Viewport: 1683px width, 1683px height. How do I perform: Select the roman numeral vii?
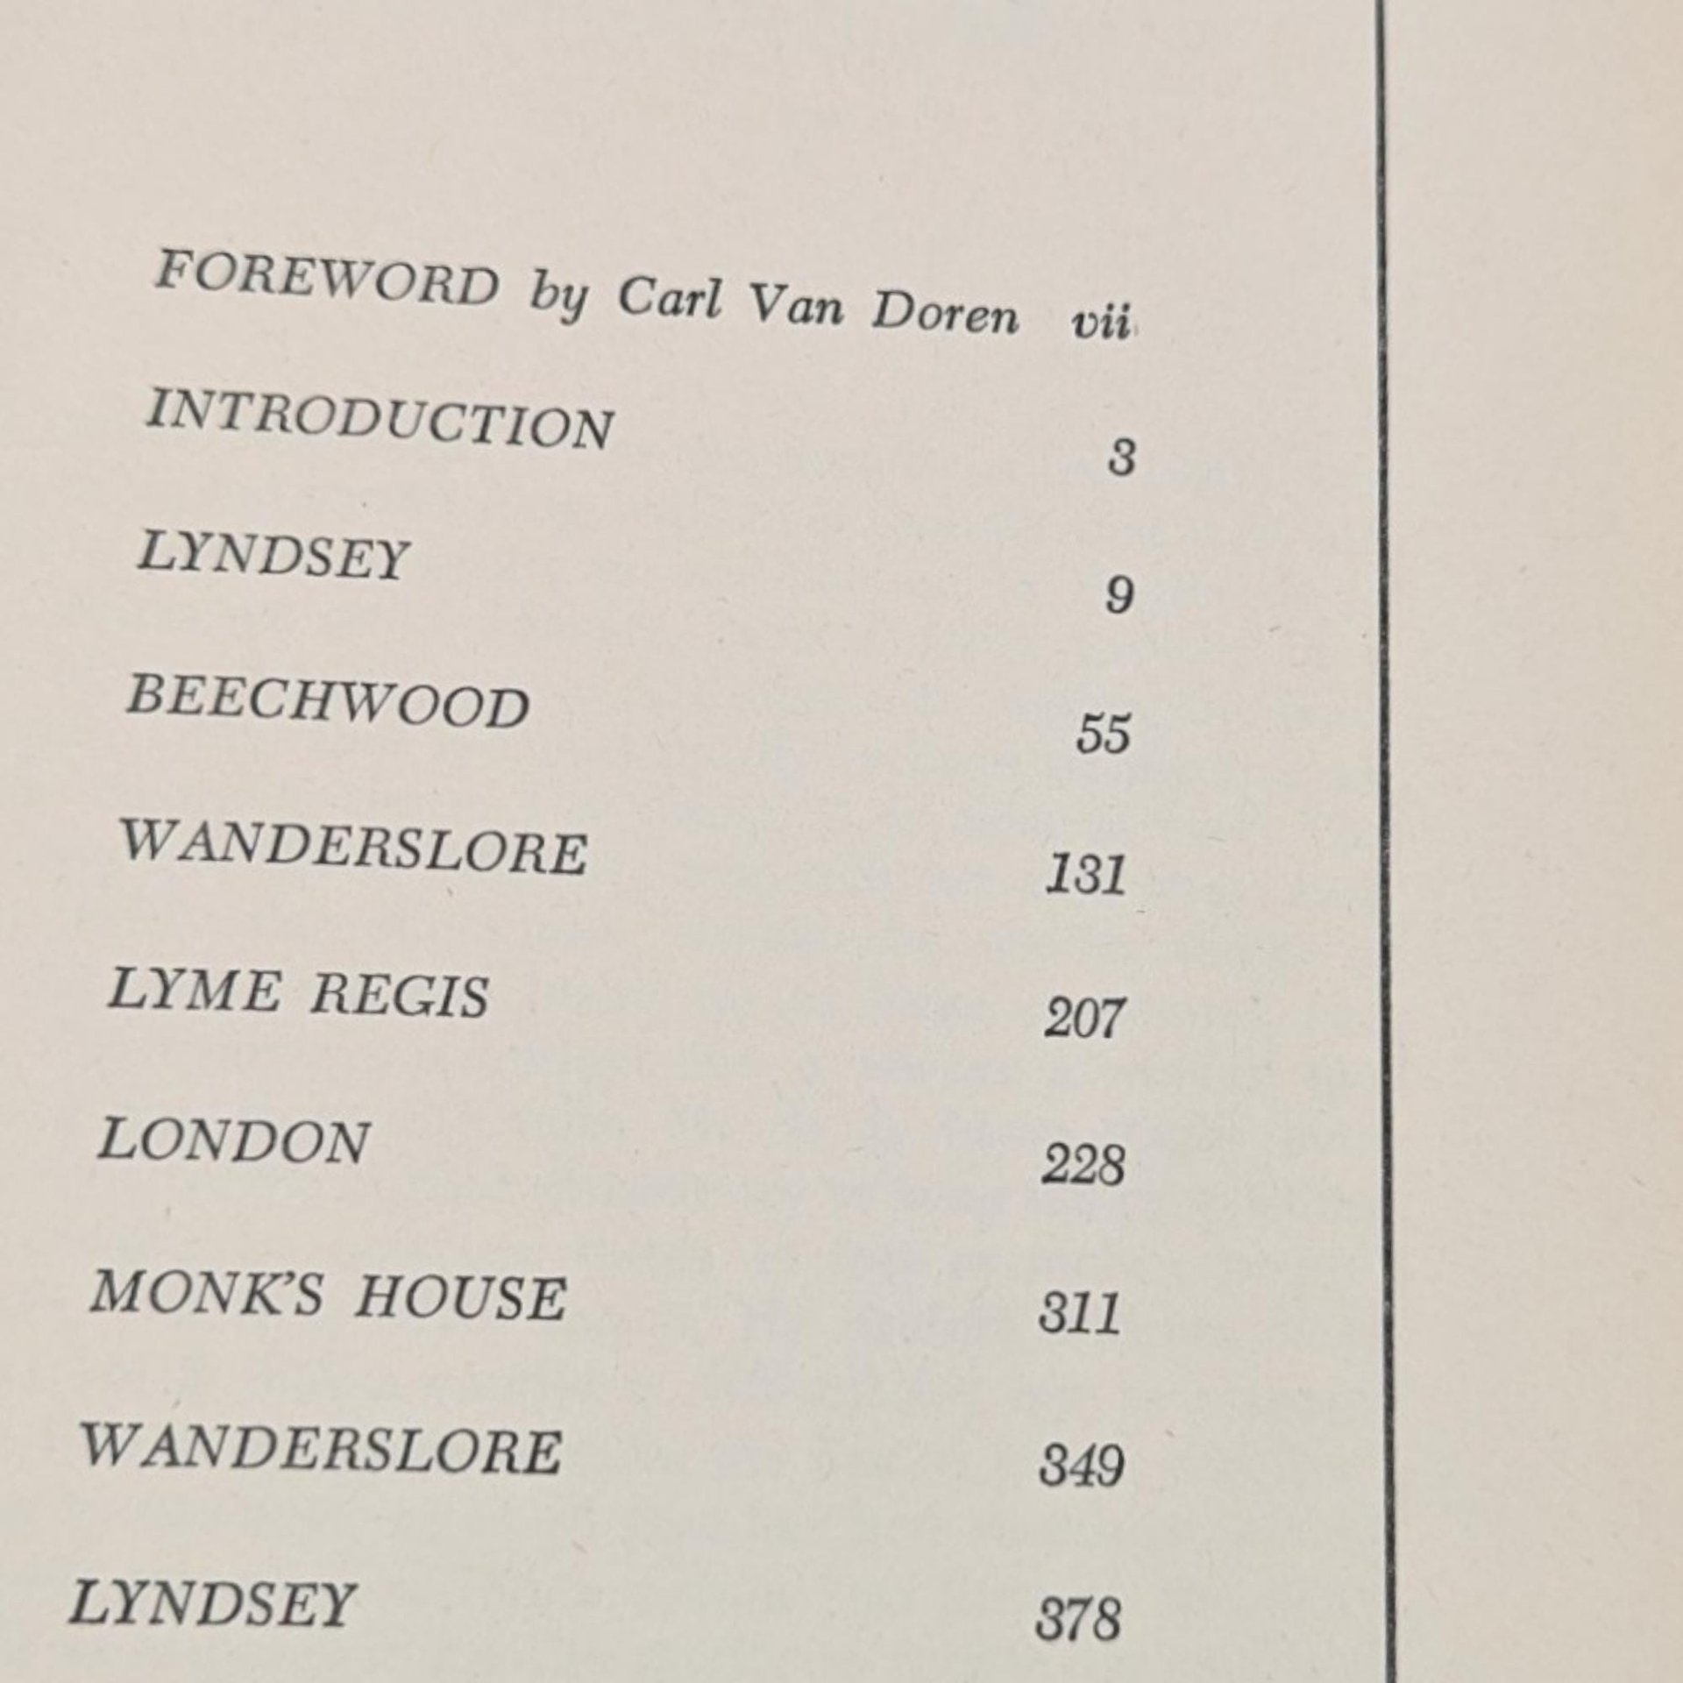(x=1100, y=324)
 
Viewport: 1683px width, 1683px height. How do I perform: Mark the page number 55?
(x=1103, y=733)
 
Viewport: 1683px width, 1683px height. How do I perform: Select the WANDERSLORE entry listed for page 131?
(x=353, y=848)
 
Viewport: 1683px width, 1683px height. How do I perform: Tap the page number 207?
(x=1083, y=1019)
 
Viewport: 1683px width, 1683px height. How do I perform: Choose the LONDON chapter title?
(x=233, y=1142)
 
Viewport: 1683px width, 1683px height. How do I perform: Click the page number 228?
(x=1083, y=1167)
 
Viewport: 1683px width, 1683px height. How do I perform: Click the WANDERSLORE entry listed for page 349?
(x=321, y=1450)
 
